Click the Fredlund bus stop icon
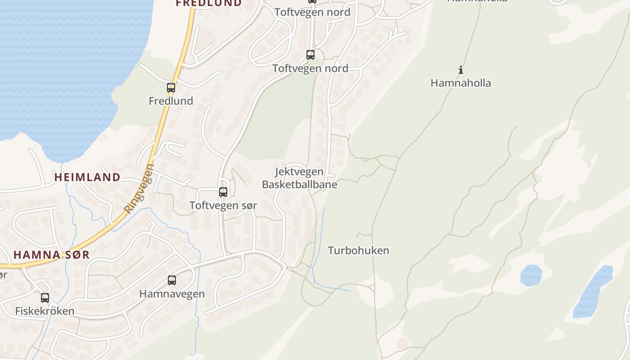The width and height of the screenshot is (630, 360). pyautogui.click(x=171, y=88)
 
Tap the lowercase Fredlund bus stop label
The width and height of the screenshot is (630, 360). pyautogui.click(x=171, y=101)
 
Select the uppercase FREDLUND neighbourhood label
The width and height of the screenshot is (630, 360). pyautogui.click(x=208, y=3)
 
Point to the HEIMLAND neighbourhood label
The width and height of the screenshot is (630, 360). pyautogui.click(x=87, y=177)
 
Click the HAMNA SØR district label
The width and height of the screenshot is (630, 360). pyautogui.click(x=51, y=255)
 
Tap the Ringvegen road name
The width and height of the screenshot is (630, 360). pyautogui.click(x=139, y=189)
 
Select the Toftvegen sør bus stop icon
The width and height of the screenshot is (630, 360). pyautogui.click(x=223, y=192)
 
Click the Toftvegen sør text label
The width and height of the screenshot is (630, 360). pyautogui.click(x=223, y=206)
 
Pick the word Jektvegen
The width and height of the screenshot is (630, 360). pyautogui.click(x=299, y=171)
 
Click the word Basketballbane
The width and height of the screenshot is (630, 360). pyautogui.click(x=299, y=184)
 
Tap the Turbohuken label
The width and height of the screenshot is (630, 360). pyautogui.click(x=358, y=251)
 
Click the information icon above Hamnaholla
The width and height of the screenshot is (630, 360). pyautogui.click(x=460, y=70)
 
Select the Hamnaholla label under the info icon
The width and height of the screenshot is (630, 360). pyautogui.click(x=460, y=83)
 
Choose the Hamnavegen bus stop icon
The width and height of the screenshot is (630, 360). pyautogui.click(x=172, y=280)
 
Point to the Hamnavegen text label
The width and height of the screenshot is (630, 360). pyautogui.click(x=172, y=294)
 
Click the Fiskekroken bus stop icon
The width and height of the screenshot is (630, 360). pyautogui.click(x=45, y=298)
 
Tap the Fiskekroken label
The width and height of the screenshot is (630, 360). pyautogui.click(x=45, y=311)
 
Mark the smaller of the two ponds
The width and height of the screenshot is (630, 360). pyautogui.click(x=531, y=275)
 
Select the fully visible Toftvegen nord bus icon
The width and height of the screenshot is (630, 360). pyautogui.click(x=310, y=55)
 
